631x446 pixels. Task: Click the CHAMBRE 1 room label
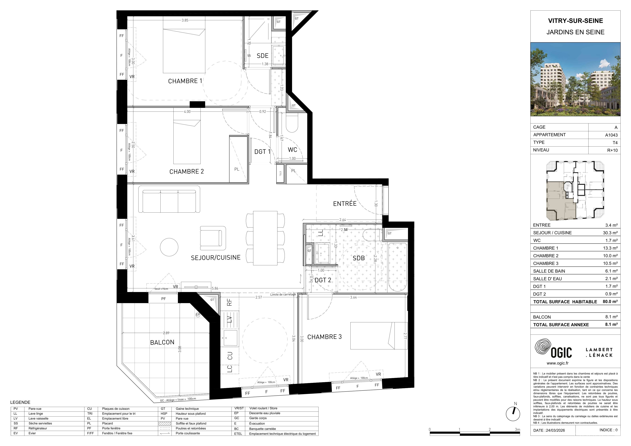coord(185,81)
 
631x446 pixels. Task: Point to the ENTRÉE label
coord(345,204)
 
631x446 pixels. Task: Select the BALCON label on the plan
coord(162,342)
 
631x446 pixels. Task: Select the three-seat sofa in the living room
coord(169,199)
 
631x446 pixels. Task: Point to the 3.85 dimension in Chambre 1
coord(185,20)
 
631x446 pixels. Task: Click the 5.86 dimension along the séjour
coord(215,288)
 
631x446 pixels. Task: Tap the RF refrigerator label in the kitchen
coord(230,302)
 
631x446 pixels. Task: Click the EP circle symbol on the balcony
coord(198,315)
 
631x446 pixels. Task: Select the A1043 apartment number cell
coord(611,135)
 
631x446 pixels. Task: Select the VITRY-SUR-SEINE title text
coord(576,21)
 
